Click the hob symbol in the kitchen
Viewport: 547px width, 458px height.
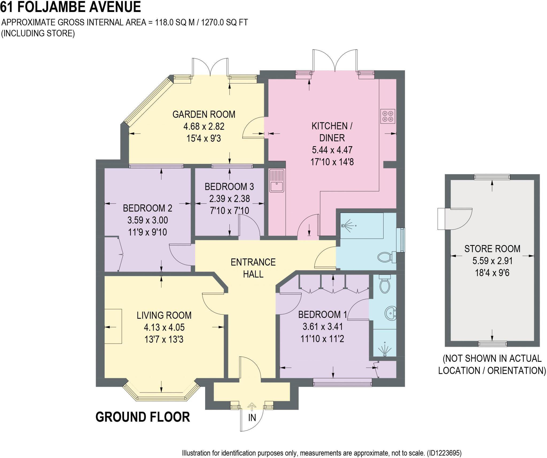388,116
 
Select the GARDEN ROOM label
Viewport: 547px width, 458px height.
204,114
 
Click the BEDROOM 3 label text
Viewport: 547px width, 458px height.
229,187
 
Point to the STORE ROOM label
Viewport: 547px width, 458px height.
492,249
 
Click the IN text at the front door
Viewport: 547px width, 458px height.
252,417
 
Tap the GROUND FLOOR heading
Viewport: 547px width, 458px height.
143,417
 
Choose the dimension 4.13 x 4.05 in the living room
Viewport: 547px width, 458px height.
164,327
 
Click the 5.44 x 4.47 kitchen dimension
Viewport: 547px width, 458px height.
332,150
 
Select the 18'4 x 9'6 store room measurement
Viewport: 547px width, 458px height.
492,273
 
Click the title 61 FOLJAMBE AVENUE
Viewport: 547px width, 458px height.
71,7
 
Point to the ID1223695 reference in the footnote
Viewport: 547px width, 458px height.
444,453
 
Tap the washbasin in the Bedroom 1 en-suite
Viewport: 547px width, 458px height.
390,313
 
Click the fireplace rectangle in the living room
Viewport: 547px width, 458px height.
113,326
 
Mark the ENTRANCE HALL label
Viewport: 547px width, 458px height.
253,268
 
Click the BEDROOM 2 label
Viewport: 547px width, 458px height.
147,208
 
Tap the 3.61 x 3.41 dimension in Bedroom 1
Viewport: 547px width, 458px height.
323,327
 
